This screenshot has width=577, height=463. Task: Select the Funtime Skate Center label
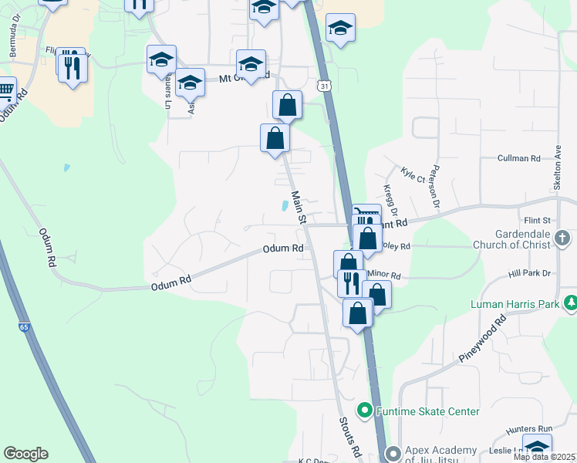(x=427, y=411)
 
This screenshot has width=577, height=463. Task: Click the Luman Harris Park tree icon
(x=570, y=303)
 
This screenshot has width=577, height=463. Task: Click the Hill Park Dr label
(x=529, y=273)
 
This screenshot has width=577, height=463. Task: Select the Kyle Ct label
(x=413, y=174)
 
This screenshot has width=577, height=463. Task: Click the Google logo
(x=25, y=454)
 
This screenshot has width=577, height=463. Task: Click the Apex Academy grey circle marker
(x=393, y=453)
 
